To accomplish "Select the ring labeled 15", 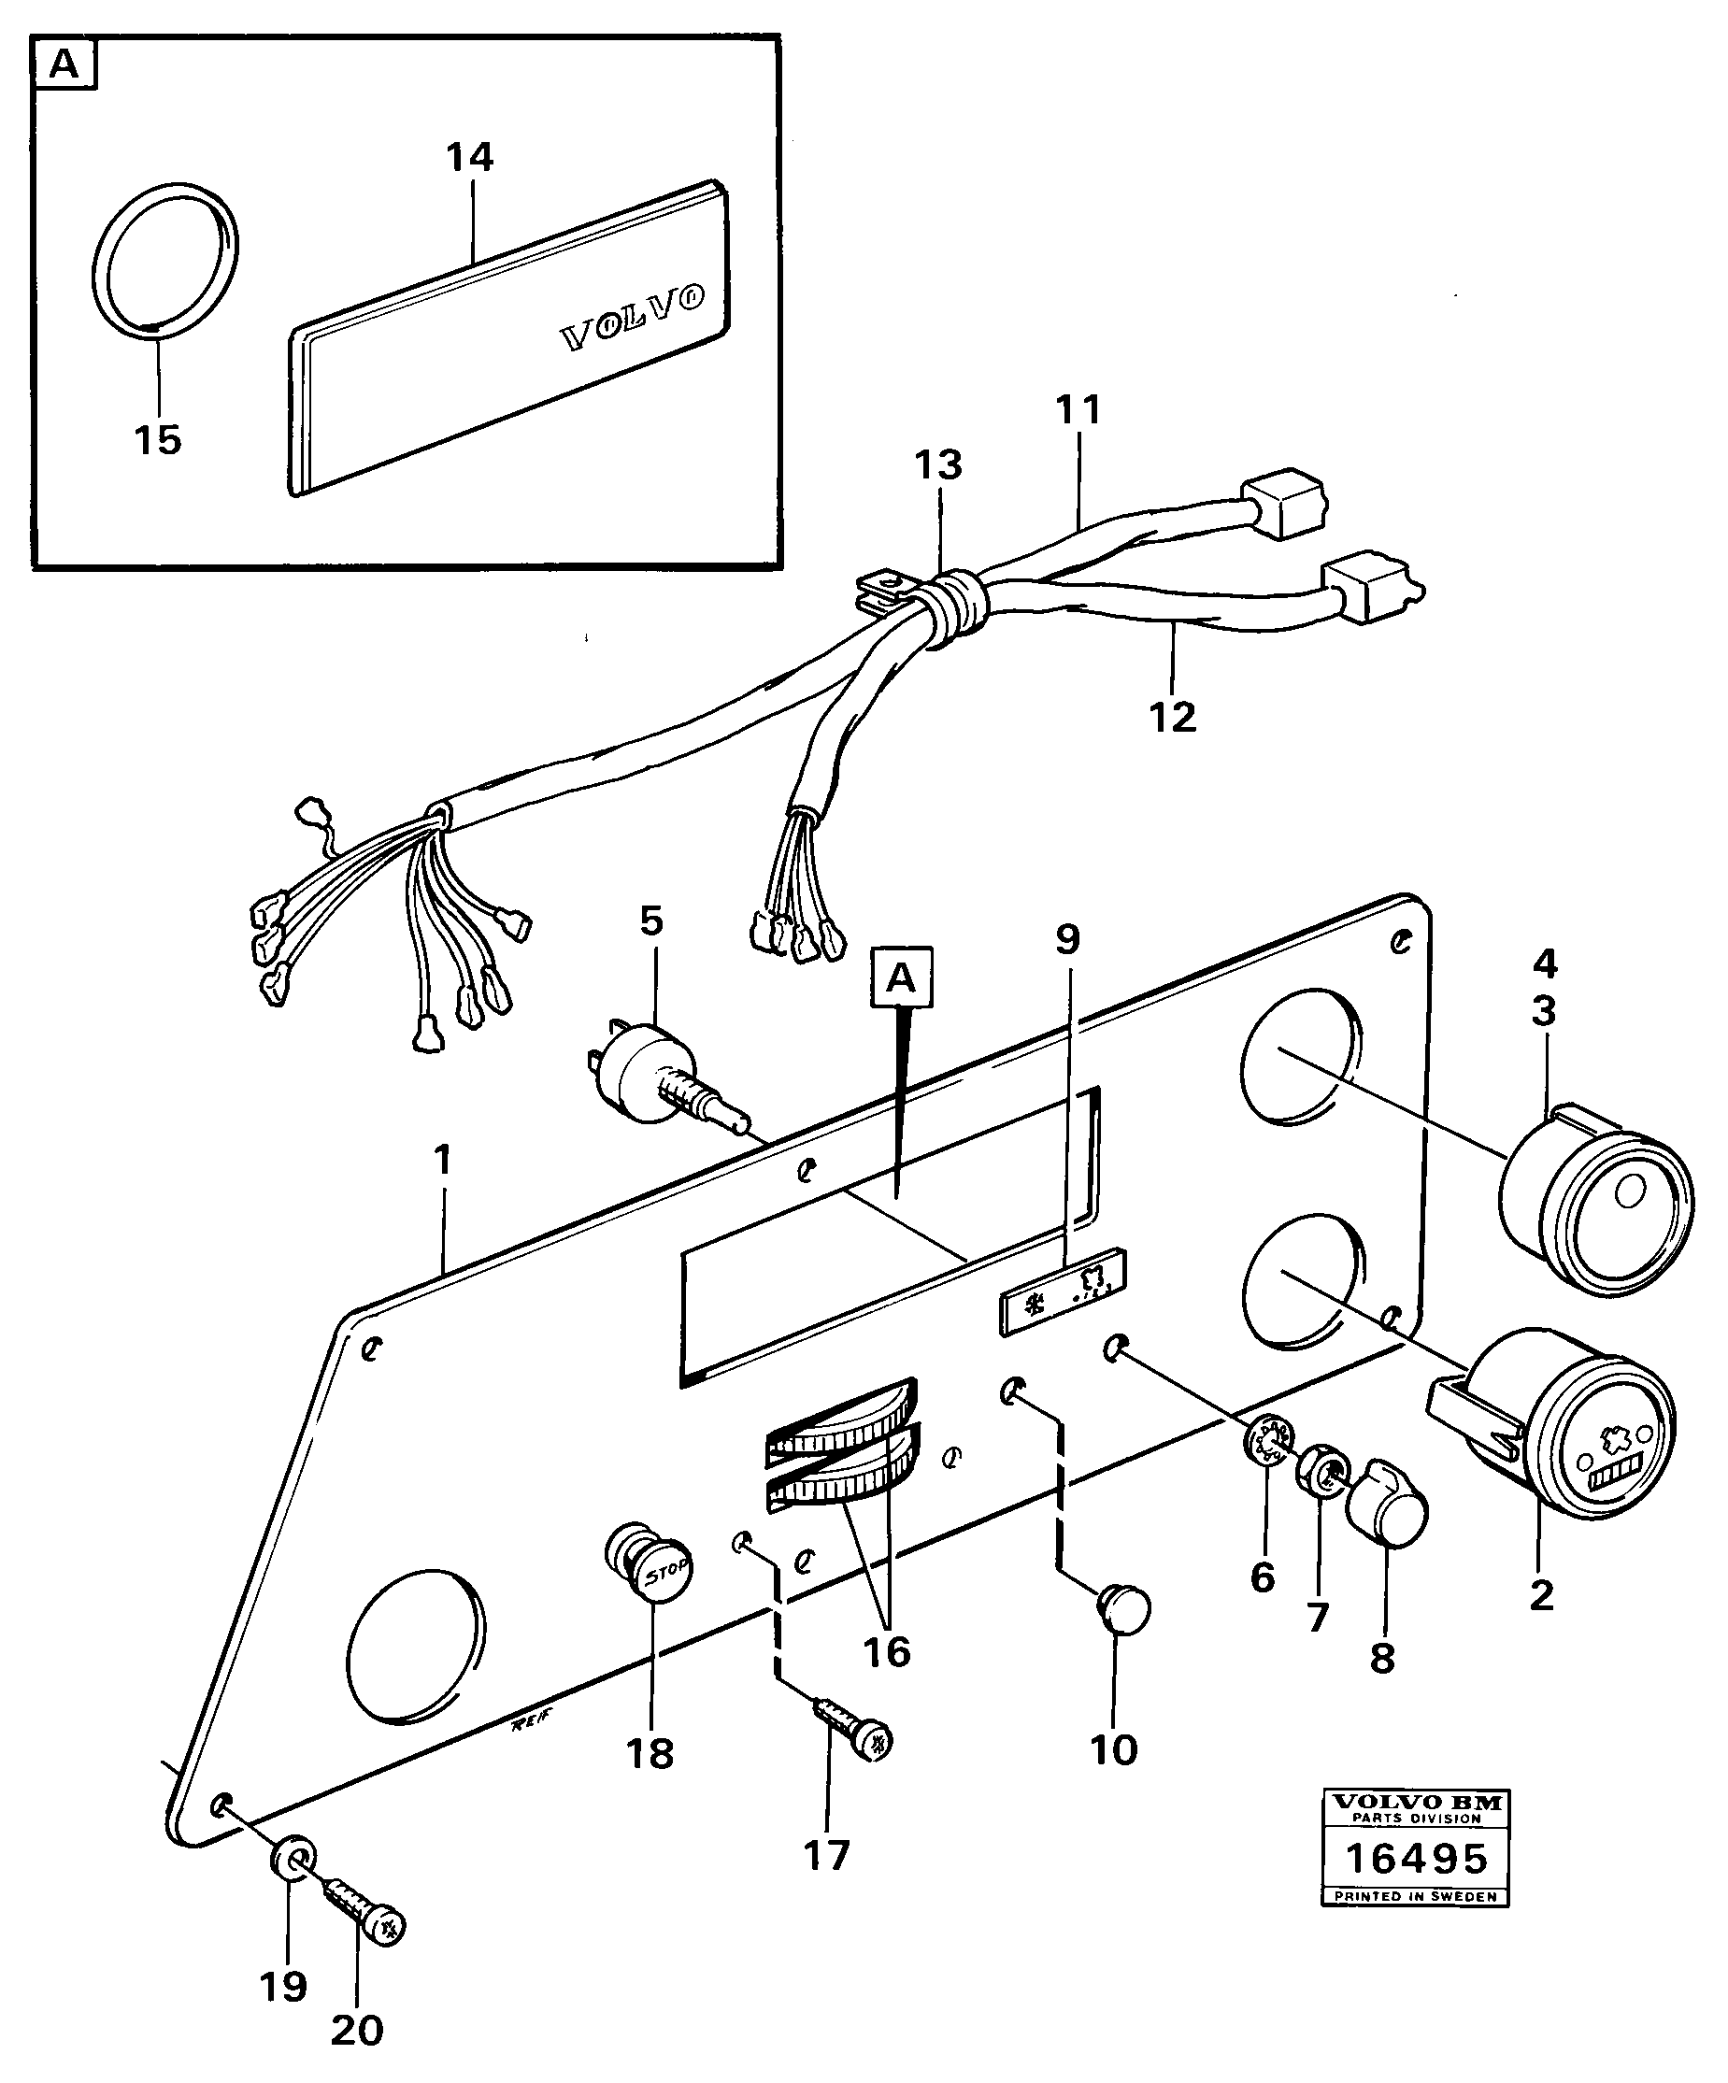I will pyautogui.click(x=164, y=261).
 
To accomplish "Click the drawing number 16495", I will pyautogui.click(x=1416, y=1858).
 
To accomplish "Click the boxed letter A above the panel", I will pyautogui.click(x=901, y=978).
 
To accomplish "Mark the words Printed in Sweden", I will pyautogui.click(x=1416, y=1896).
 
